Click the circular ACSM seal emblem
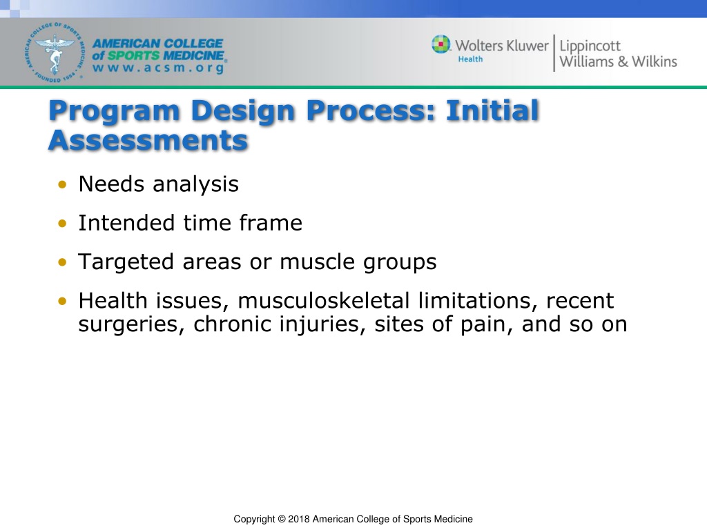tap(54, 52)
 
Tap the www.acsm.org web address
tap(158, 68)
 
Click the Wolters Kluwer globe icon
tap(441, 44)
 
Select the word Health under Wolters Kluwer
tap(470, 59)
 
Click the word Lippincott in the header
tap(590, 46)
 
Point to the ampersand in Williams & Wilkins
tap(623, 61)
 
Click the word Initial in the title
tap(492, 110)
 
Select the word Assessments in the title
tap(148, 140)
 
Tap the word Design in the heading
tap(244, 111)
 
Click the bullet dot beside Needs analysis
tap(62, 184)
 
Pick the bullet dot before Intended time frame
tap(62, 223)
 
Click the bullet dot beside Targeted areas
tap(62, 262)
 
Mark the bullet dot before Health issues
tap(62, 301)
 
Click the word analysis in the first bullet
tap(195, 184)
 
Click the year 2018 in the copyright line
tap(298, 519)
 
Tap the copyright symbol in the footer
tap(282, 519)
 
